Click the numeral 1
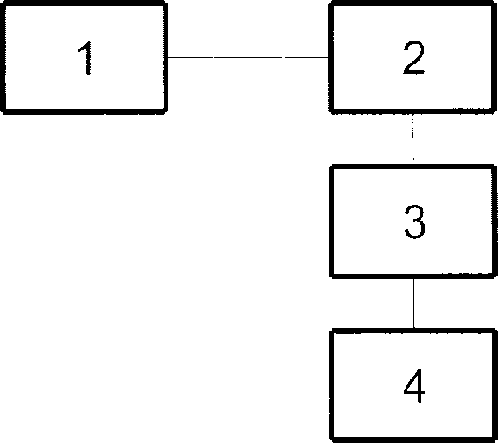tap(85, 58)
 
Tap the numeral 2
tap(414, 58)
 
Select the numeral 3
tap(415, 221)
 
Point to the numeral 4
tap(414, 385)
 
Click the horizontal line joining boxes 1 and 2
tap(248, 57)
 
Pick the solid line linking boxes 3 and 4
tap(414, 303)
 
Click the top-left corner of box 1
tap(3, 3)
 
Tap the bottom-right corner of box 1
tap(165, 111)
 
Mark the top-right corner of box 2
tap(495, 3)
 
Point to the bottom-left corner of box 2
tap(331, 111)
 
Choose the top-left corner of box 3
tap(332, 166)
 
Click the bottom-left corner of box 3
tap(332, 276)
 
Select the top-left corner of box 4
tap(333, 331)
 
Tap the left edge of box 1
tap(3, 57)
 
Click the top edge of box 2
tap(413, 3)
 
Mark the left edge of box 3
tap(332, 221)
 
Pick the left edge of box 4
tap(333, 386)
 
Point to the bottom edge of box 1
tap(84, 111)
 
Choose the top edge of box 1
tap(84, 3)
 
